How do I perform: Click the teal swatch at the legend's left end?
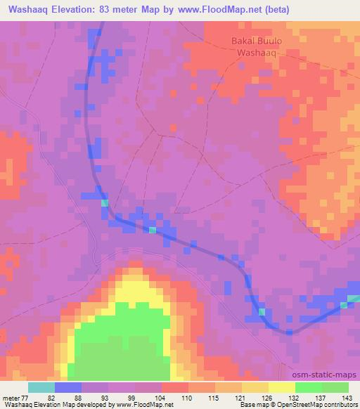41,387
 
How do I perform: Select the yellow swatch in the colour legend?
281,387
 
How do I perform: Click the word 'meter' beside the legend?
10,397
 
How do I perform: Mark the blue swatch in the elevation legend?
68,387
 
